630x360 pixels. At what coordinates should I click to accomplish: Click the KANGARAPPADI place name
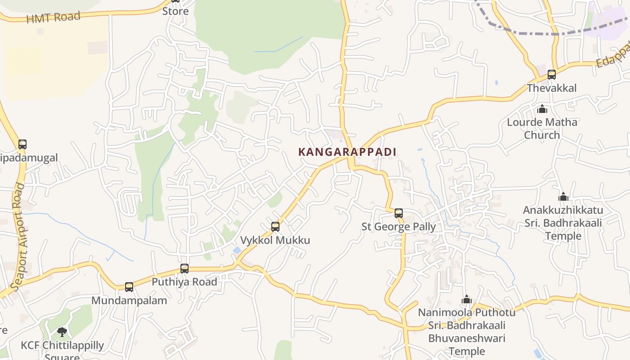pos(347,152)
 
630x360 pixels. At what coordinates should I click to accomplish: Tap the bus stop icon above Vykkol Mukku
pos(275,227)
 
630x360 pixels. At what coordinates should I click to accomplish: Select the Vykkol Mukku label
pos(275,240)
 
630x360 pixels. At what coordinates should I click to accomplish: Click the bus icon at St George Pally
pos(399,213)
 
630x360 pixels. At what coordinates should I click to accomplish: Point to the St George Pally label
pos(399,226)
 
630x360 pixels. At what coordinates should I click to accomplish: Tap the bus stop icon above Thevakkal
pos(552,75)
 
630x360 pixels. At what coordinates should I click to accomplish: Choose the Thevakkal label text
pos(551,88)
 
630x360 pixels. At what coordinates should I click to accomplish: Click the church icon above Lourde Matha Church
pos(542,109)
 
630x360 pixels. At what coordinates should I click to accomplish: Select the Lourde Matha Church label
pos(542,128)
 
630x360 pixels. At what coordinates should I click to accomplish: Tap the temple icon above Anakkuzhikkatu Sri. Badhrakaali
pos(563,197)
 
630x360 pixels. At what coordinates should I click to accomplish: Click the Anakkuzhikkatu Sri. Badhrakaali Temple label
pos(563,223)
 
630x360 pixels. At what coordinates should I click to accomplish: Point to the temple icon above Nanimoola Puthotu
pos(467,299)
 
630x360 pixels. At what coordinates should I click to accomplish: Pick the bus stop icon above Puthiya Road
pos(184,269)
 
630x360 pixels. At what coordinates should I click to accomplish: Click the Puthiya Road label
pos(184,282)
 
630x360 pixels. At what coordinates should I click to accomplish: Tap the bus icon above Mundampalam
pos(129,287)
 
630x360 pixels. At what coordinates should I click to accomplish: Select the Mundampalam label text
pos(129,300)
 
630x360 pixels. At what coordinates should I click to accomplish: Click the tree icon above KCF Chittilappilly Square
pos(62,332)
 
